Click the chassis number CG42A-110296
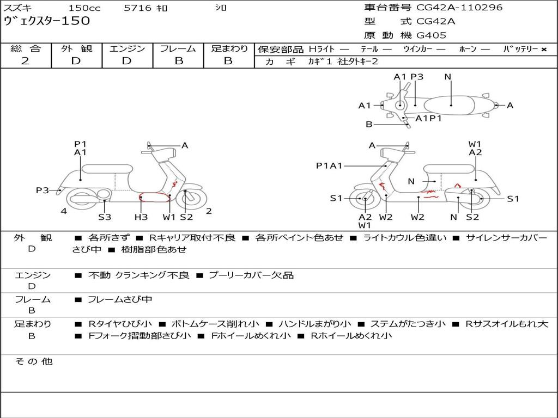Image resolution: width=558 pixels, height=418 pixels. pos(459,7)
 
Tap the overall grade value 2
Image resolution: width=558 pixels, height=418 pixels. pos(25,61)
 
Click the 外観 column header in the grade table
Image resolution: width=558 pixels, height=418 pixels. pos(76,48)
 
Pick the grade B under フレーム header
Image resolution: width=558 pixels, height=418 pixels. pos(179,61)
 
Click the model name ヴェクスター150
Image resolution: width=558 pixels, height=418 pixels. pos(47,21)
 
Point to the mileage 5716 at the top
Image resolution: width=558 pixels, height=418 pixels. pos(137,8)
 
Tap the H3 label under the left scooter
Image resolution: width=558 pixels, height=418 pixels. pos(141,217)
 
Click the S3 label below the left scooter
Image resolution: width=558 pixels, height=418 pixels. pos(105,217)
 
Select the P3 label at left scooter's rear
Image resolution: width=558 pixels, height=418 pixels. pos(43,190)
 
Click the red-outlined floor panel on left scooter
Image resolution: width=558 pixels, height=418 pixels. pos(154,197)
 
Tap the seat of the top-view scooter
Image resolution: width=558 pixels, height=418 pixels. pos(449,106)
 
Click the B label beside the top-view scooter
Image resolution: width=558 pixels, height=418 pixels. pos(369,125)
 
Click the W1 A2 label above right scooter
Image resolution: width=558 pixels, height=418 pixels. pos(475,148)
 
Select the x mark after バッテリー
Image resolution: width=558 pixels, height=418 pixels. pos(544,50)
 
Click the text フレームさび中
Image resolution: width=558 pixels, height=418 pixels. pos(120,300)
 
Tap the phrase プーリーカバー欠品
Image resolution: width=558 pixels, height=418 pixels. pos(251,275)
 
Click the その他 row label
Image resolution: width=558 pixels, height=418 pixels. pos(33,361)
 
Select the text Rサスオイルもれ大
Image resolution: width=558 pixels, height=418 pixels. pos(507,324)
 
